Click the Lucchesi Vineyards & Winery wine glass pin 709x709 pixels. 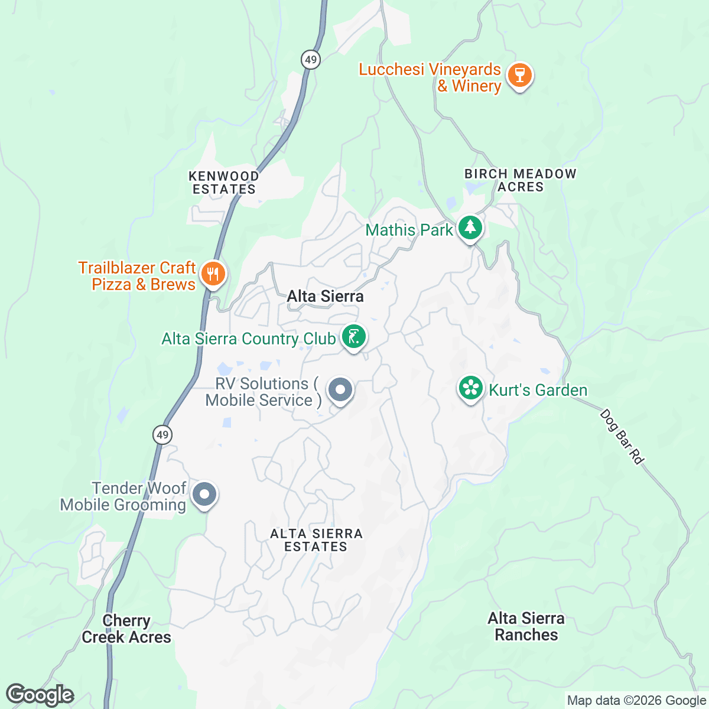click(520, 76)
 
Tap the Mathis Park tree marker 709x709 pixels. click(470, 227)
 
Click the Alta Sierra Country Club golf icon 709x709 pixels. click(353, 337)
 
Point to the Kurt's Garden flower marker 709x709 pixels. click(471, 389)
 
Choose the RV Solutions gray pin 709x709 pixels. click(340, 390)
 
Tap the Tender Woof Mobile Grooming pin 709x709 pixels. click(205, 494)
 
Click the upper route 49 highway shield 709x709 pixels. click(311, 59)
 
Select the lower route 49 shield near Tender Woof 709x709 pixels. click(162, 435)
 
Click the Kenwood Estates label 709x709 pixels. click(223, 183)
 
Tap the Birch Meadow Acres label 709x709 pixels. click(520, 180)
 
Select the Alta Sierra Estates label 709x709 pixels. click(316, 540)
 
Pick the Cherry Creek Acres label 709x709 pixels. click(126, 629)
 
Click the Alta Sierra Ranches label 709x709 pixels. click(526, 626)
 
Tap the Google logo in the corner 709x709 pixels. click(40, 695)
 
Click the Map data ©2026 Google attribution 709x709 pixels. click(636, 701)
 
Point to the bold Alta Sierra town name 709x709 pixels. click(325, 296)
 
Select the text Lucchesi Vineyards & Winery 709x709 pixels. click(430, 77)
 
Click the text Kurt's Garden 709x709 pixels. click(538, 390)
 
